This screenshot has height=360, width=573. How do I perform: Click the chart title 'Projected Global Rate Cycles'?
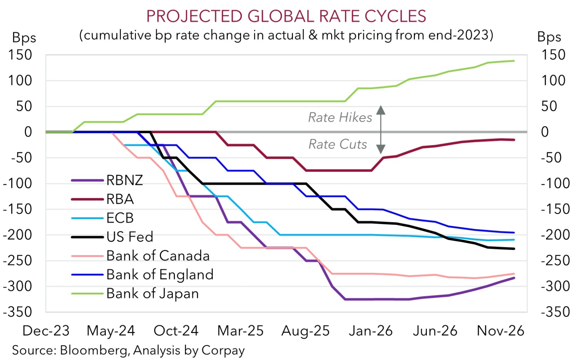(286, 16)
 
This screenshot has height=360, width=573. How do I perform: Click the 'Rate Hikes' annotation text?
(340, 117)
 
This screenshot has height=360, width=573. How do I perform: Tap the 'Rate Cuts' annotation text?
(338, 144)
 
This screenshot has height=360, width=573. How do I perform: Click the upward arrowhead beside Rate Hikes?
(381, 109)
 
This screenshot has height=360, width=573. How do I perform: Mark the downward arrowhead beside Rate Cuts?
(381, 149)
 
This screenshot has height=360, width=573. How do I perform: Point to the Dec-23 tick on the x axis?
(46, 331)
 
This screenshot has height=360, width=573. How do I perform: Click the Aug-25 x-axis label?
(306, 331)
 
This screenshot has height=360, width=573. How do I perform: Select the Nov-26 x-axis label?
(500, 331)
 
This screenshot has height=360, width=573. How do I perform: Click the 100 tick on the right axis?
(554, 80)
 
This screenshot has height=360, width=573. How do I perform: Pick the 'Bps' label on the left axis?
(24, 37)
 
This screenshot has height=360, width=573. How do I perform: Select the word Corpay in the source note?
(223, 350)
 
